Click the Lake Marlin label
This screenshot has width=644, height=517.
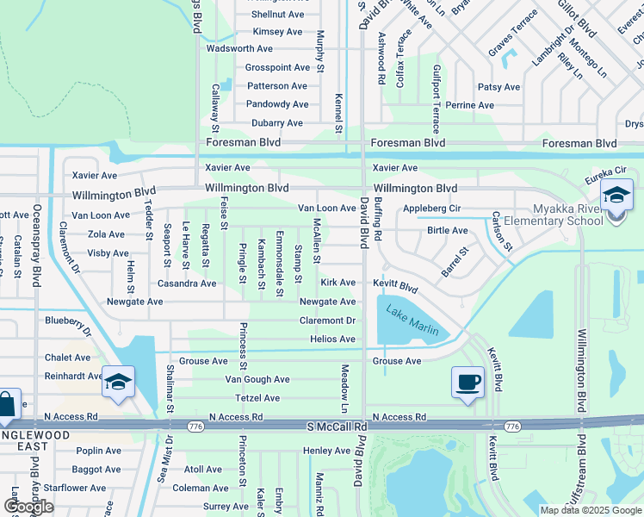412,321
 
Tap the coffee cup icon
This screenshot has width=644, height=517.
468,382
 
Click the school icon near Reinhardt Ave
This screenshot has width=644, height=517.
117,381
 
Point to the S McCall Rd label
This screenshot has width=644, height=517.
337,427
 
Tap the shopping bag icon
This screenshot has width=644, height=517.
6,405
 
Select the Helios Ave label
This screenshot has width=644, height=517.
332,339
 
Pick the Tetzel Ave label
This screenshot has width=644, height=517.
257,398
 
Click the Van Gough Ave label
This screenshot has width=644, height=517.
257,379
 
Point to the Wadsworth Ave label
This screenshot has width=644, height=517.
240,49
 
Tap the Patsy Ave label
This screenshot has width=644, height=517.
498,87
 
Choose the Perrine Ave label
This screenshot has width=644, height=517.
470,106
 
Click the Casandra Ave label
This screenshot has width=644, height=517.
186,283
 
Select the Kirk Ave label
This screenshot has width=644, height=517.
337,283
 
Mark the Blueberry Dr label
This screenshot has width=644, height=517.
68,323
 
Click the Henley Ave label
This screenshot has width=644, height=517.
326,451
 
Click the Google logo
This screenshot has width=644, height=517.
28,507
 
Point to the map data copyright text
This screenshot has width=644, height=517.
590,510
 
